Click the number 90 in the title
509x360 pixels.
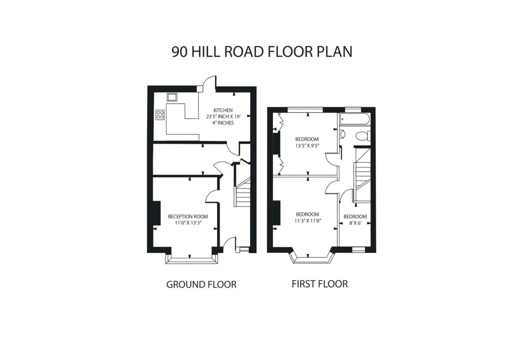pyautogui.click(x=179, y=52)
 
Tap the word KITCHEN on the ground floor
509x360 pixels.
pyautogui.click(x=223, y=110)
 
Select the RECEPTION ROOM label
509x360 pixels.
pyautogui.click(x=188, y=216)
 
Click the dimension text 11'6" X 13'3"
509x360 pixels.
pyautogui.click(x=188, y=223)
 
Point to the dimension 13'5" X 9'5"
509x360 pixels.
pyautogui.click(x=307, y=146)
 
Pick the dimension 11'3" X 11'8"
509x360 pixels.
pyautogui.click(x=308, y=220)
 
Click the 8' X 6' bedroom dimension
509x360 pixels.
pyautogui.click(x=356, y=223)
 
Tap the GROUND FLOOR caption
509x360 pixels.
pyautogui.click(x=201, y=284)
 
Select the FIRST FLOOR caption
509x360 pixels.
pyautogui.click(x=320, y=284)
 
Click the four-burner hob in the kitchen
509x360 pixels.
pyautogui.click(x=160, y=115)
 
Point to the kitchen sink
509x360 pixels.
pyautogui.click(x=172, y=97)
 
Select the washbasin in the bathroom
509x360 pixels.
pyautogui.click(x=342, y=134)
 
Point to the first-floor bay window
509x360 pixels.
pyautogui.click(x=312, y=259)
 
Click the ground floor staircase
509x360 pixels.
pyautogui.click(x=243, y=192)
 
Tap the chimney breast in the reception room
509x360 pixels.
pyautogui.click(x=157, y=213)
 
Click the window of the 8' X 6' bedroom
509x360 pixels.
pyautogui.click(x=359, y=250)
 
